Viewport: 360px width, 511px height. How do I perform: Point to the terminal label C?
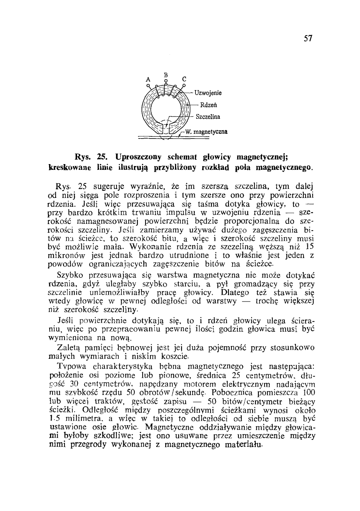click(x=184, y=79)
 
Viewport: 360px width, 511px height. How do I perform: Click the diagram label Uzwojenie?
click(x=208, y=93)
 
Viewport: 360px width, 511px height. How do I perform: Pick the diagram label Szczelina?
click(x=208, y=117)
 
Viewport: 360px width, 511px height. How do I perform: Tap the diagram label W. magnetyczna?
click(x=206, y=132)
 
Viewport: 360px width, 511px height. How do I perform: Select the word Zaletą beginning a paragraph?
click(x=68, y=348)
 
